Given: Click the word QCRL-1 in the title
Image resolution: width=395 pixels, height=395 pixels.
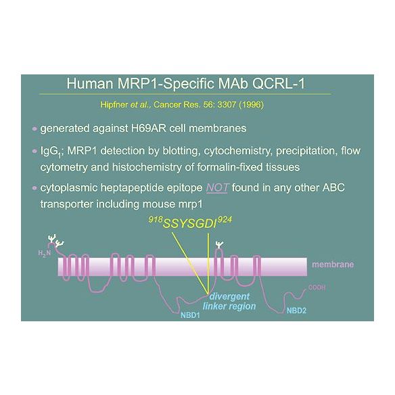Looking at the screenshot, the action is click(x=279, y=84).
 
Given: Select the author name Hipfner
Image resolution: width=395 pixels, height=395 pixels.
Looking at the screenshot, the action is click(x=114, y=105).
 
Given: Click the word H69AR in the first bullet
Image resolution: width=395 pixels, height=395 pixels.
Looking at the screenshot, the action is click(x=149, y=129).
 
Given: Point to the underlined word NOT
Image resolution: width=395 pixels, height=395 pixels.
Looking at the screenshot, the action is click(x=217, y=187).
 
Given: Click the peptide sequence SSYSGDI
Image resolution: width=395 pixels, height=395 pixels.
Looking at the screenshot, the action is click(x=190, y=224).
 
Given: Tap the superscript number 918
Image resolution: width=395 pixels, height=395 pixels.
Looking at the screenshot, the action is click(x=156, y=219).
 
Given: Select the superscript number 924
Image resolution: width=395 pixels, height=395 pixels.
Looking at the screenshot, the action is click(x=225, y=220).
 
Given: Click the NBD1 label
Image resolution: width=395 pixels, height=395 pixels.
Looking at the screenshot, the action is click(x=190, y=315).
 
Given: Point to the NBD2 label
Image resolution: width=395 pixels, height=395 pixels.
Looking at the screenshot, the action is click(x=296, y=310).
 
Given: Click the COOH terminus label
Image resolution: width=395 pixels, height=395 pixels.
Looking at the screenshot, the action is click(x=317, y=287).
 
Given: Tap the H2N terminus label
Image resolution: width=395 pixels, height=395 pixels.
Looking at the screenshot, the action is click(x=45, y=253).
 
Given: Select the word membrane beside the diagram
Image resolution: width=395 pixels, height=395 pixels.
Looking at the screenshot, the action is click(x=333, y=264).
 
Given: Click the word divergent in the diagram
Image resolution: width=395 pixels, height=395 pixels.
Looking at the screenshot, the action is click(x=229, y=296).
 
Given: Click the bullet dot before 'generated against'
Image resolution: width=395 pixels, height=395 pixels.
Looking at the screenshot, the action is click(x=34, y=129).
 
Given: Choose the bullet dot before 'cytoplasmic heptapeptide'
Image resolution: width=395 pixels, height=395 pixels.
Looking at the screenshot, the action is click(x=34, y=188).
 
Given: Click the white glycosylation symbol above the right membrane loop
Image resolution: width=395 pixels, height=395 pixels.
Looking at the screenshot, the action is click(x=220, y=245).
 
